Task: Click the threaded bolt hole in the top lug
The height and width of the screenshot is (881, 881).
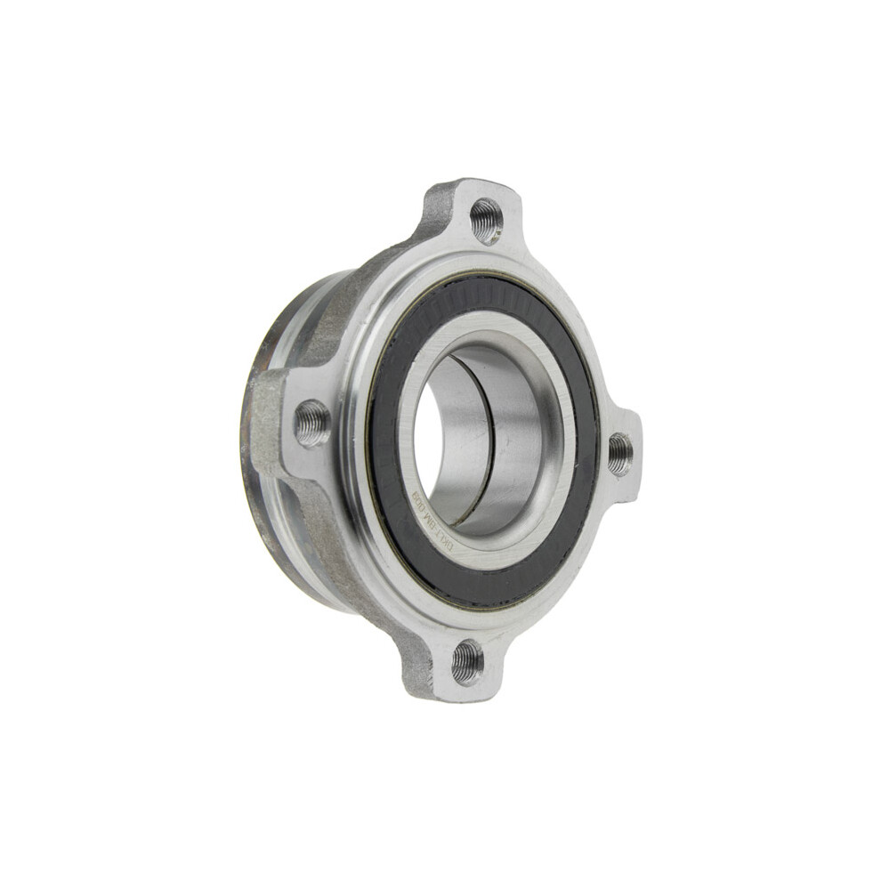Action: (x=486, y=219)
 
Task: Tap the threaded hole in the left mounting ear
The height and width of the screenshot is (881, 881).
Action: (x=312, y=423)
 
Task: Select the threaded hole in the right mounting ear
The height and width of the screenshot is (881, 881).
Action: (x=620, y=453)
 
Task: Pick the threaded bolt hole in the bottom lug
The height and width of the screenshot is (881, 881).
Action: (x=467, y=662)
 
